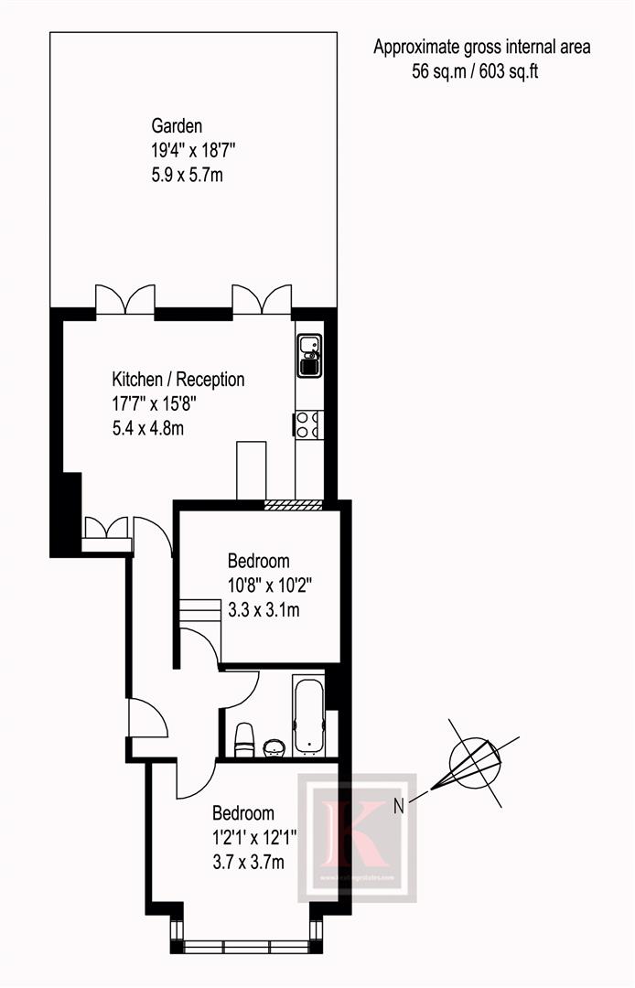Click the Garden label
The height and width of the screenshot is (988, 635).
178,126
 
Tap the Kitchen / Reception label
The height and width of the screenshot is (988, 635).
178,379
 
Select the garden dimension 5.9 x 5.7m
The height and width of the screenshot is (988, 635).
187,174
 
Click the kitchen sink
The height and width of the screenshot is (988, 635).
309,355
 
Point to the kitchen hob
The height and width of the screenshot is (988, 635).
308,424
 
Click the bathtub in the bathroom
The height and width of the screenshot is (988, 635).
308,716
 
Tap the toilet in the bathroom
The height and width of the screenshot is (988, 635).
244,739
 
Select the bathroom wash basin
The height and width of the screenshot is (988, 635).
273,747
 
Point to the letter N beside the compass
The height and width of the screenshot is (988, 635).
398,806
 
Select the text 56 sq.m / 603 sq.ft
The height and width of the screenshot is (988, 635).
475,71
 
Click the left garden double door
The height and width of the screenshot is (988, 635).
125,298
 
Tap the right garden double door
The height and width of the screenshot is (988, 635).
262,298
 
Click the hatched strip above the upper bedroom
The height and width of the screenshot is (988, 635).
294,504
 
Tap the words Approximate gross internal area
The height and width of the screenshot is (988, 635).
482,48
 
